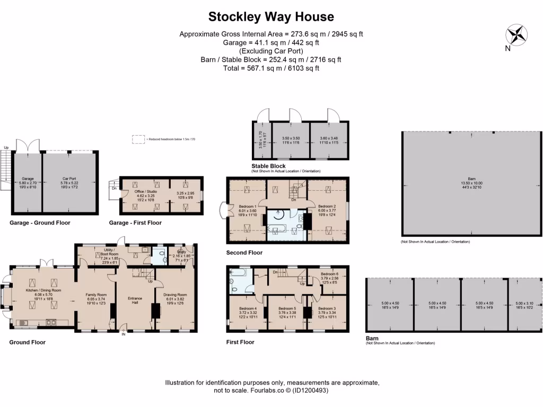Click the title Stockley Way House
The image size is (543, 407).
271,16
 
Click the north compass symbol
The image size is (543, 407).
514,36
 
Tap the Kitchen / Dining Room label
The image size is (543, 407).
40,290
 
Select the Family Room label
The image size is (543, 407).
96,295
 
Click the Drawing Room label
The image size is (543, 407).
175,295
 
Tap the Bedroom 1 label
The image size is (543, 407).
248,206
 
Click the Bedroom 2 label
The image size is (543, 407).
327,206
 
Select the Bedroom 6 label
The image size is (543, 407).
329,275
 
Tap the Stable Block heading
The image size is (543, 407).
268,166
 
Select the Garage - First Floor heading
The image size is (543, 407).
135,223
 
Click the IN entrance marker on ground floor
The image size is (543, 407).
124,334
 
